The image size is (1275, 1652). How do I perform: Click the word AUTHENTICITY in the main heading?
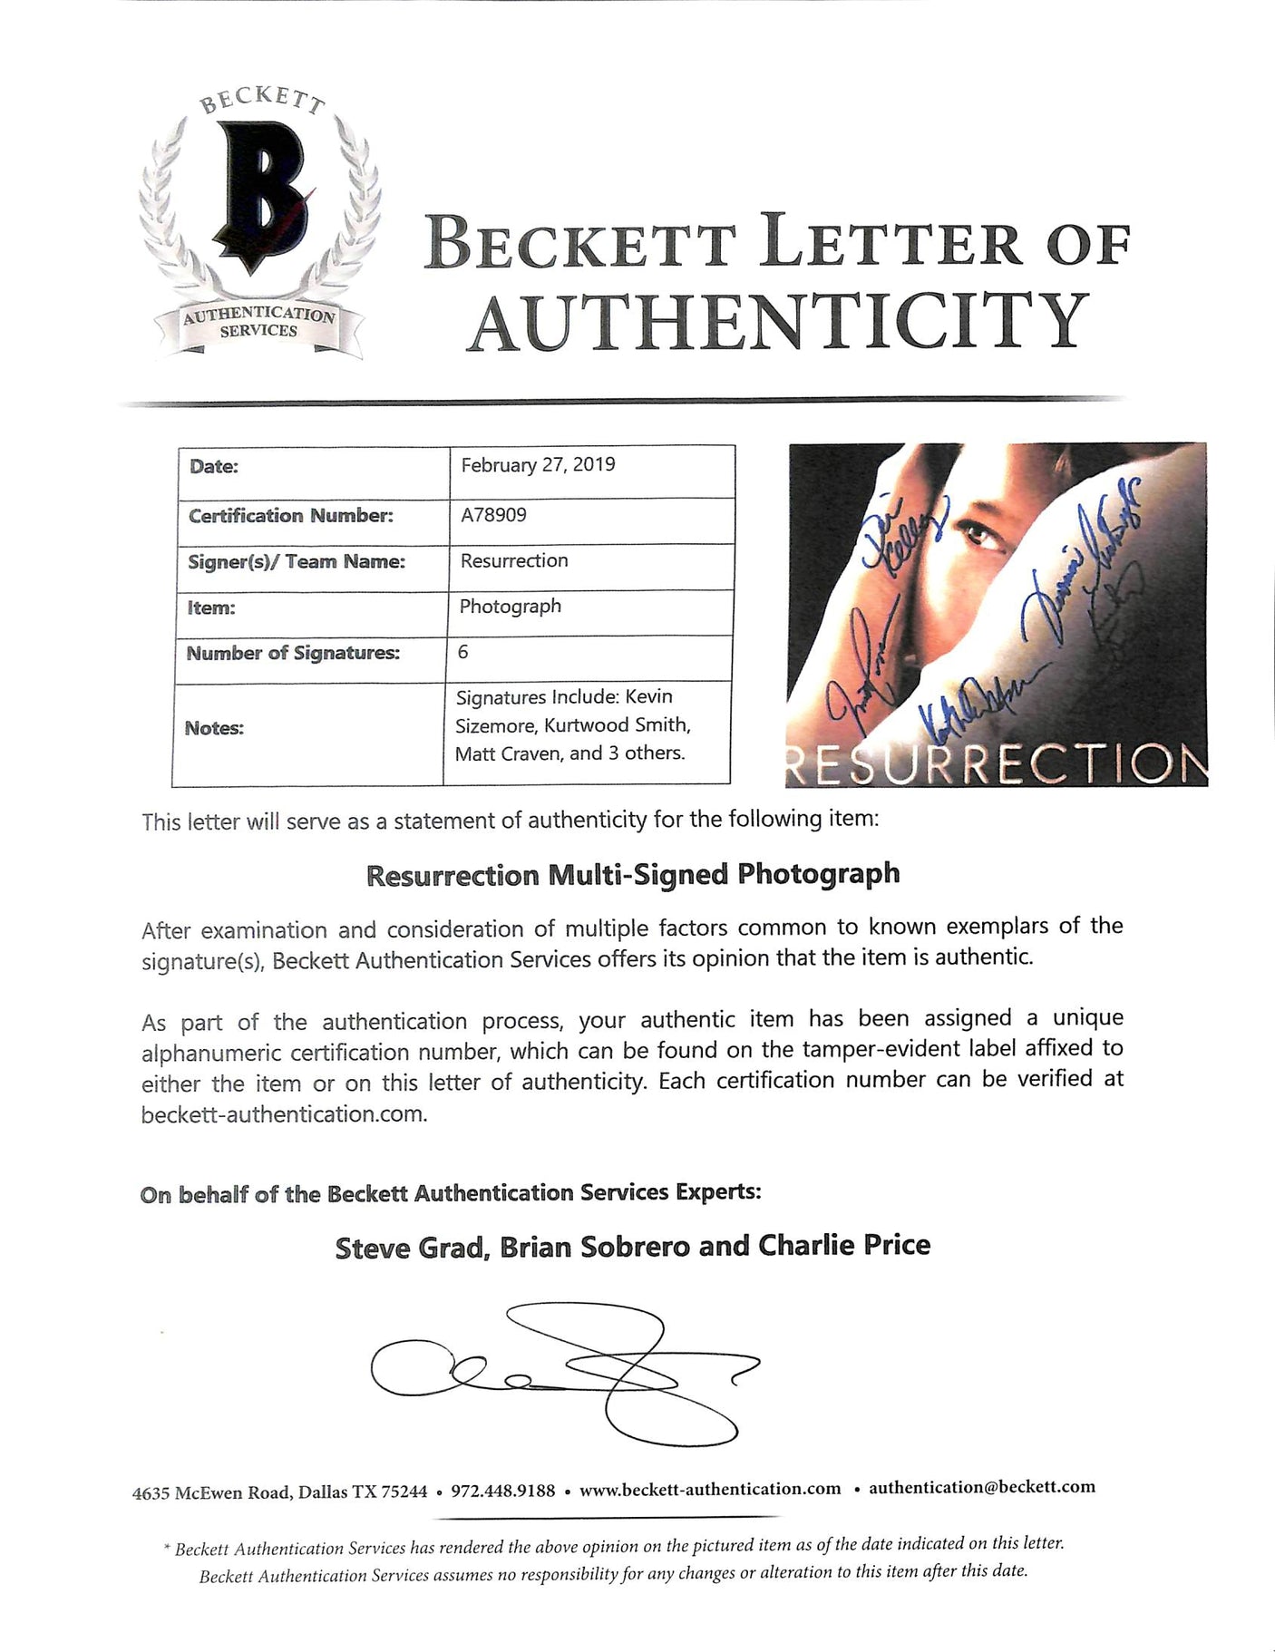(x=780, y=321)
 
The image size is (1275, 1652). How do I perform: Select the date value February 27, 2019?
(x=538, y=465)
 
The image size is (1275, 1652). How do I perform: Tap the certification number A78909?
(x=493, y=515)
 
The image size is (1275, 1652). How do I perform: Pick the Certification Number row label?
(x=291, y=516)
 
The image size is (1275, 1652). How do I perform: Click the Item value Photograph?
(x=510, y=606)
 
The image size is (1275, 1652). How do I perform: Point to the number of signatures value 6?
(x=463, y=652)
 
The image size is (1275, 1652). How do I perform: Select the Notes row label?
(x=214, y=728)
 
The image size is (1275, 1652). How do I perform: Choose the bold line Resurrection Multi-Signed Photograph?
(x=633, y=875)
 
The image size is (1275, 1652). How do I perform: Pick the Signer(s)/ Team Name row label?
(x=297, y=561)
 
